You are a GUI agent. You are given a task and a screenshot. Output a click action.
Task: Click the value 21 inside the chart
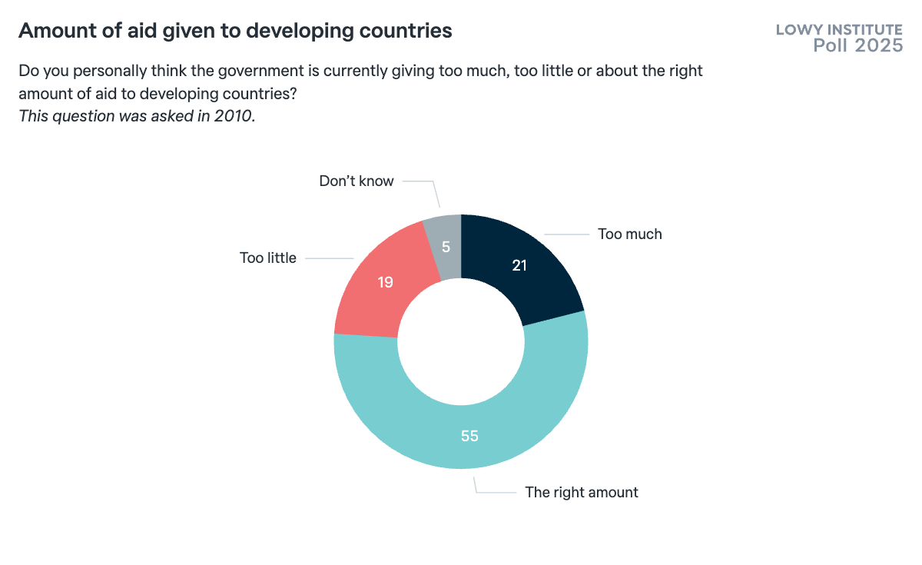(x=521, y=265)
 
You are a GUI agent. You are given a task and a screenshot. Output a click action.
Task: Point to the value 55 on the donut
(x=469, y=436)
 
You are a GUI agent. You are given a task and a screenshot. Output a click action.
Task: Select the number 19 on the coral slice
(x=386, y=282)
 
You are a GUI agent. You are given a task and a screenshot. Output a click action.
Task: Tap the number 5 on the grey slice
(x=445, y=248)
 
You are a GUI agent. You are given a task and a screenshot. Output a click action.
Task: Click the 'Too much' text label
(x=629, y=234)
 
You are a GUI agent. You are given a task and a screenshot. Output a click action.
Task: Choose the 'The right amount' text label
(x=581, y=492)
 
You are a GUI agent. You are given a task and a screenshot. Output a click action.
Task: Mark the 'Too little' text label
(x=267, y=258)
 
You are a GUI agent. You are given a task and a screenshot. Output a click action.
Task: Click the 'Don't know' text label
(x=356, y=181)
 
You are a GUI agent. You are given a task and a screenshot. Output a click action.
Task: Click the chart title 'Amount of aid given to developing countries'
(x=235, y=31)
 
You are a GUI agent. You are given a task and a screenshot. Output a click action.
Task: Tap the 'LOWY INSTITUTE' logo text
(x=839, y=30)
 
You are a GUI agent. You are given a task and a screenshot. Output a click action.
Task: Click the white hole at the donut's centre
(x=461, y=341)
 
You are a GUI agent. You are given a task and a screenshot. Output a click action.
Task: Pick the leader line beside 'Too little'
(x=329, y=258)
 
